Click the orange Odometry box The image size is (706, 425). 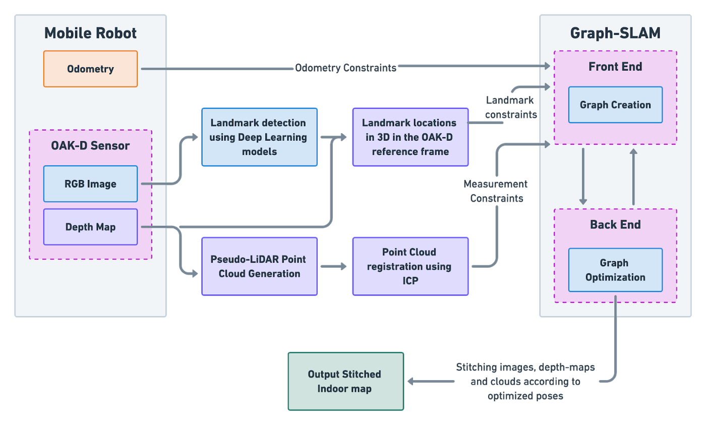(x=90, y=69)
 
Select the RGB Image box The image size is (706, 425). (x=90, y=184)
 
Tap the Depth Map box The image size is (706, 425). (x=90, y=227)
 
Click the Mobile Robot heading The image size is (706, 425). (x=90, y=33)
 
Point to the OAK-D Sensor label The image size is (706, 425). (x=90, y=146)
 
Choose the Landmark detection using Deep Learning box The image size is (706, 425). (x=259, y=137)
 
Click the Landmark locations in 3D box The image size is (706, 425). (x=410, y=137)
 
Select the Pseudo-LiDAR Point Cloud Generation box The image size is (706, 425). (x=259, y=266)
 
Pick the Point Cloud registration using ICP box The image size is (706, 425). (x=410, y=266)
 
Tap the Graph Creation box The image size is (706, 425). (x=615, y=105)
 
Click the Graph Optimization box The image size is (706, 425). (x=615, y=270)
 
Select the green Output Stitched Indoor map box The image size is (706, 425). (x=345, y=381)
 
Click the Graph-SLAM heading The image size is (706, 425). (x=615, y=33)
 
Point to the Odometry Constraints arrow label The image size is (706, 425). (x=345, y=68)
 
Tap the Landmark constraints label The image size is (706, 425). (x=510, y=107)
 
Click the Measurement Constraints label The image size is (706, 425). (x=496, y=191)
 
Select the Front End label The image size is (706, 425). (x=615, y=67)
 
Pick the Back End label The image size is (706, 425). (x=615, y=224)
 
